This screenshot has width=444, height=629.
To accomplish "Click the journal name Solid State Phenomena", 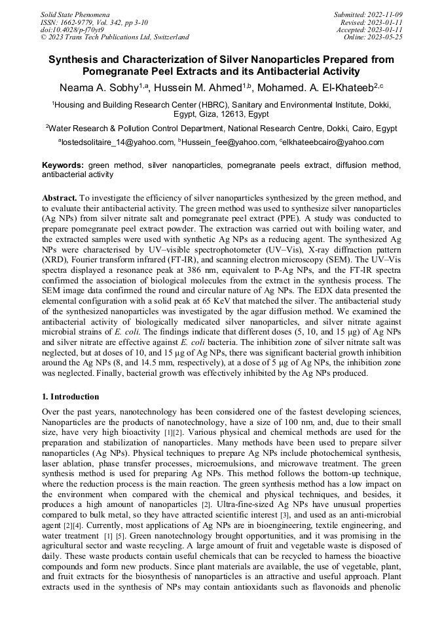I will coord(75,14).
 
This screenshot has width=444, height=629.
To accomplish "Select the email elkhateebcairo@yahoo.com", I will coord(333,142).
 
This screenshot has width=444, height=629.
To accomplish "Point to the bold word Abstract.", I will coord(60,197).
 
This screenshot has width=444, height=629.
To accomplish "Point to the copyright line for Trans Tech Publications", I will coord(115,37).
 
